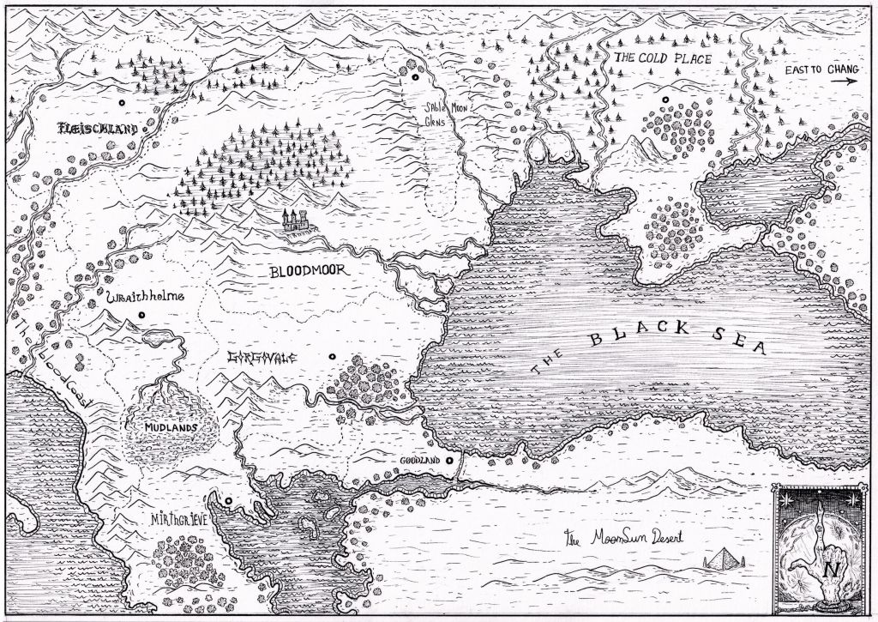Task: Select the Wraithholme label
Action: click(144, 299)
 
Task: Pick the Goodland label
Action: click(419, 461)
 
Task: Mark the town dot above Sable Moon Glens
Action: click(415, 78)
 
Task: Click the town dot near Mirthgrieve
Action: click(229, 500)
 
